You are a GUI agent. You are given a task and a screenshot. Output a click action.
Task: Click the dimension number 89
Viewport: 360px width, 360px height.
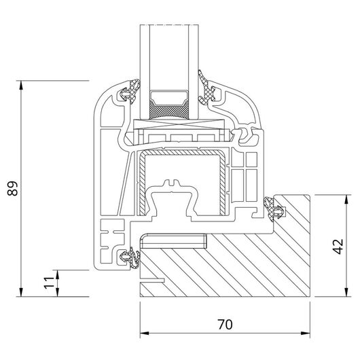pyautogui.click(x=12, y=189)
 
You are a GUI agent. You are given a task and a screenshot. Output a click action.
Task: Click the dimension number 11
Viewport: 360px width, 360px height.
pyautogui.click(x=49, y=283)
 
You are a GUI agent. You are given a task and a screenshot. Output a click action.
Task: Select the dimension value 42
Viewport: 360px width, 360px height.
pyautogui.click(x=338, y=247)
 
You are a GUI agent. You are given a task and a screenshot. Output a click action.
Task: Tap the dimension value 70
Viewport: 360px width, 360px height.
pyautogui.click(x=225, y=325)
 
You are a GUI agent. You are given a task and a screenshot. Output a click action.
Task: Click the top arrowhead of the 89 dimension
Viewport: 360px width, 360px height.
pyautogui.click(x=21, y=85)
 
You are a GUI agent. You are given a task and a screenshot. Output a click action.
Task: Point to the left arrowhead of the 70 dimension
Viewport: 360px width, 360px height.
pyautogui.click(x=145, y=333)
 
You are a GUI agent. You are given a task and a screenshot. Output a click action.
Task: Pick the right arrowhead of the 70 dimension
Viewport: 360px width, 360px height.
pyautogui.click(x=306, y=333)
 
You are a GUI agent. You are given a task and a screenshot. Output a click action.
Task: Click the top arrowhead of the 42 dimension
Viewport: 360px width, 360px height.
pyautogui.click(x=346, y=199)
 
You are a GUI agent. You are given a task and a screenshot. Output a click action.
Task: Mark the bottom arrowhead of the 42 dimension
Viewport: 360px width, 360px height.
pyautogui.click(x=346, y=292)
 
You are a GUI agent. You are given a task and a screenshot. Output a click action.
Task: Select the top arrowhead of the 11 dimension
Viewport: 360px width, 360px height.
pyautogui.click(x=57, y=274)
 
